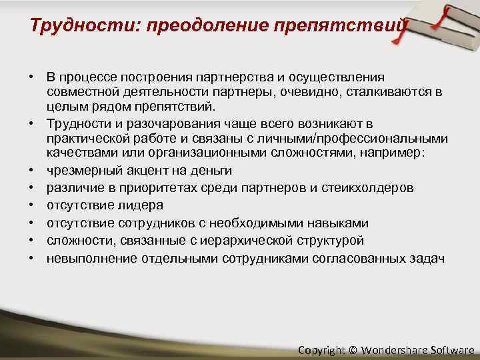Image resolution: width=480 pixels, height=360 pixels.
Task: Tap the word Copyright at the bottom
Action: pos(321,349)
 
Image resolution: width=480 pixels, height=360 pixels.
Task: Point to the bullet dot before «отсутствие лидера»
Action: pos(31,205)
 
